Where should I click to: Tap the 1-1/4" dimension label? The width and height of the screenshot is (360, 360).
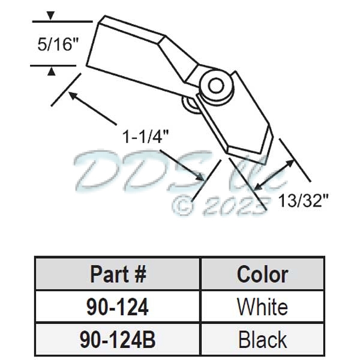click(x=143, y=137)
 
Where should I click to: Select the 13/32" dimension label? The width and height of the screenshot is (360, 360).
click(x=304, y=200)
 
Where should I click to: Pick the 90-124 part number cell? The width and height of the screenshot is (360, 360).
click(x=118, y=307)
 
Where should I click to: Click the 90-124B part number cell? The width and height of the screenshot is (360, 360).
click(x=118, y=340)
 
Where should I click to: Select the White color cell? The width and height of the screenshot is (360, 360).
click(x=262, y=307)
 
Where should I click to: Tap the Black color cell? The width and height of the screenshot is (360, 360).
click(x=262, y=340)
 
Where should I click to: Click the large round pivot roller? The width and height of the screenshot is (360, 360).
click(x=215, y=85)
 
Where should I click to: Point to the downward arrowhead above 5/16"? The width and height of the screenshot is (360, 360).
click(x=52, y=15)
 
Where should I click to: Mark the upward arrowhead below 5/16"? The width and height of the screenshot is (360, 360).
click(x=52, y=72)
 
